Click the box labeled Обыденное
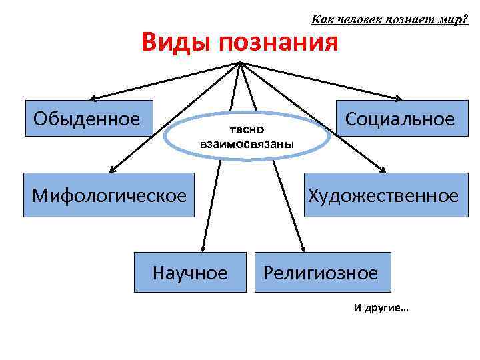[x=89, y=120]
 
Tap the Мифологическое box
[x=109, y=195]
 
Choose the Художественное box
[x=383, y=195]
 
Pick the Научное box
[x=190, y=272]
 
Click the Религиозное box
[x=323, y=272]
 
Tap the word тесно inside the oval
[x=247, y=128]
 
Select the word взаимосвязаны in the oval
[x=247, y=143]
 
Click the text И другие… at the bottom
[x=381, y=308]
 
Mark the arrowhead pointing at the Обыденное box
[x=94, y=97]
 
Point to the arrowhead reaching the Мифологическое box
[x=112, y=171]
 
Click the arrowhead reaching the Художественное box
[x=382, y=171]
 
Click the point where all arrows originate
[x=239, y=62]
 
